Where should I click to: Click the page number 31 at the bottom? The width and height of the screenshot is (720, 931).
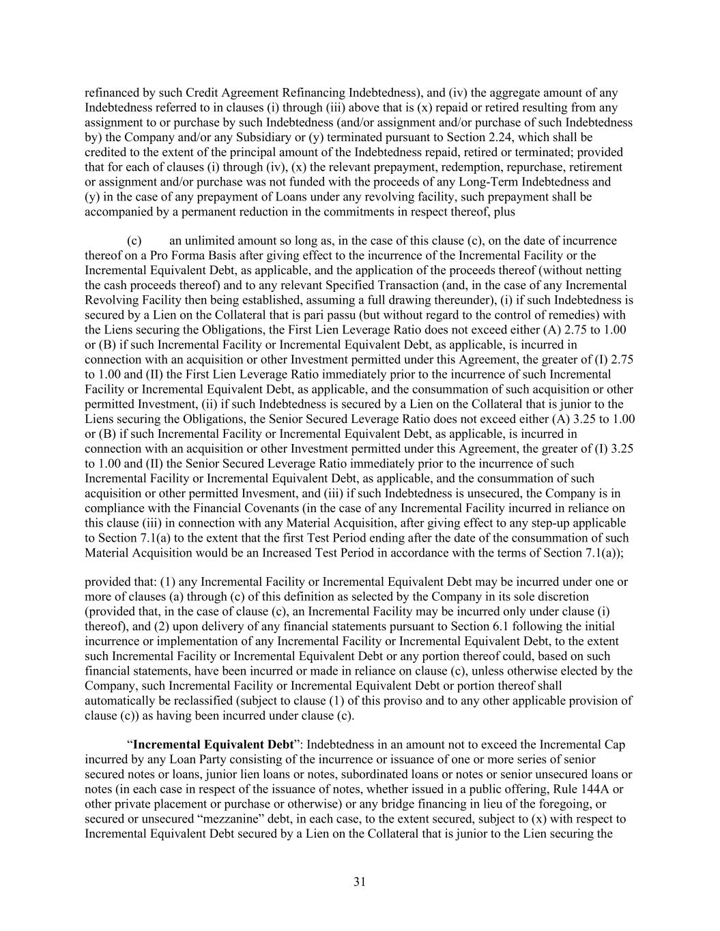[360, 882]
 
